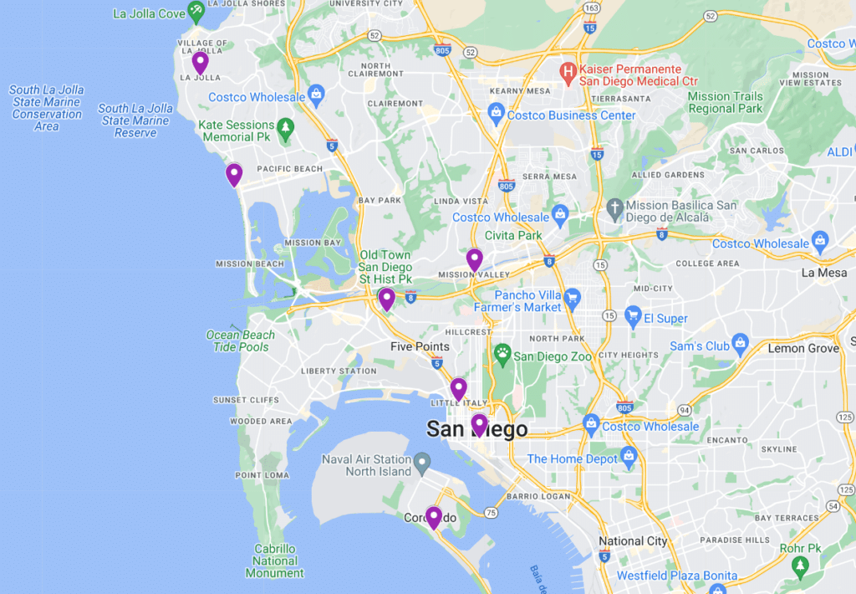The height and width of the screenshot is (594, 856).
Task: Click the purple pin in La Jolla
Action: coord(200,62)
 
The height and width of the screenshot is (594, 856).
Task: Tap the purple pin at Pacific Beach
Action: coord(234,174)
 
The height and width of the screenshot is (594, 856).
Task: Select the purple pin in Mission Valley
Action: coord(474,259)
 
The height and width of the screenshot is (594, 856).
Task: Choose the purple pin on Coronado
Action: coord(433,516)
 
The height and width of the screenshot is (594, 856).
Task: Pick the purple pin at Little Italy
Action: coord(458,388)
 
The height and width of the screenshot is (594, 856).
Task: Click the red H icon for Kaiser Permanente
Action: coord(568,71)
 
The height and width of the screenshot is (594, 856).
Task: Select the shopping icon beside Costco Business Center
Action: coord(496,112)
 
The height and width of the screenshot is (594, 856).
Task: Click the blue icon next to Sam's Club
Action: coord(740,342)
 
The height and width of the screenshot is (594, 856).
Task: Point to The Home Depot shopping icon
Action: coord(629,456)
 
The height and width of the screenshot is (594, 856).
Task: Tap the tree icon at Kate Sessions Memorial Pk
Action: coord(287,127)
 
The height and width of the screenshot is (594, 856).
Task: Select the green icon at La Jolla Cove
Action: coord(196,12)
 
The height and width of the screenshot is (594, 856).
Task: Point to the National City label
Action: coord(633,541)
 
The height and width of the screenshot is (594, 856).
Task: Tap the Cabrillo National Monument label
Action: coord(275,561)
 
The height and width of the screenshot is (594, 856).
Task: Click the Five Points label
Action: coord(420,346)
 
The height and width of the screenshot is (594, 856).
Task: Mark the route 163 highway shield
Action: coord(592,8)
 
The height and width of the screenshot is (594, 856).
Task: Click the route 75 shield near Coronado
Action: coord(490,512)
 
